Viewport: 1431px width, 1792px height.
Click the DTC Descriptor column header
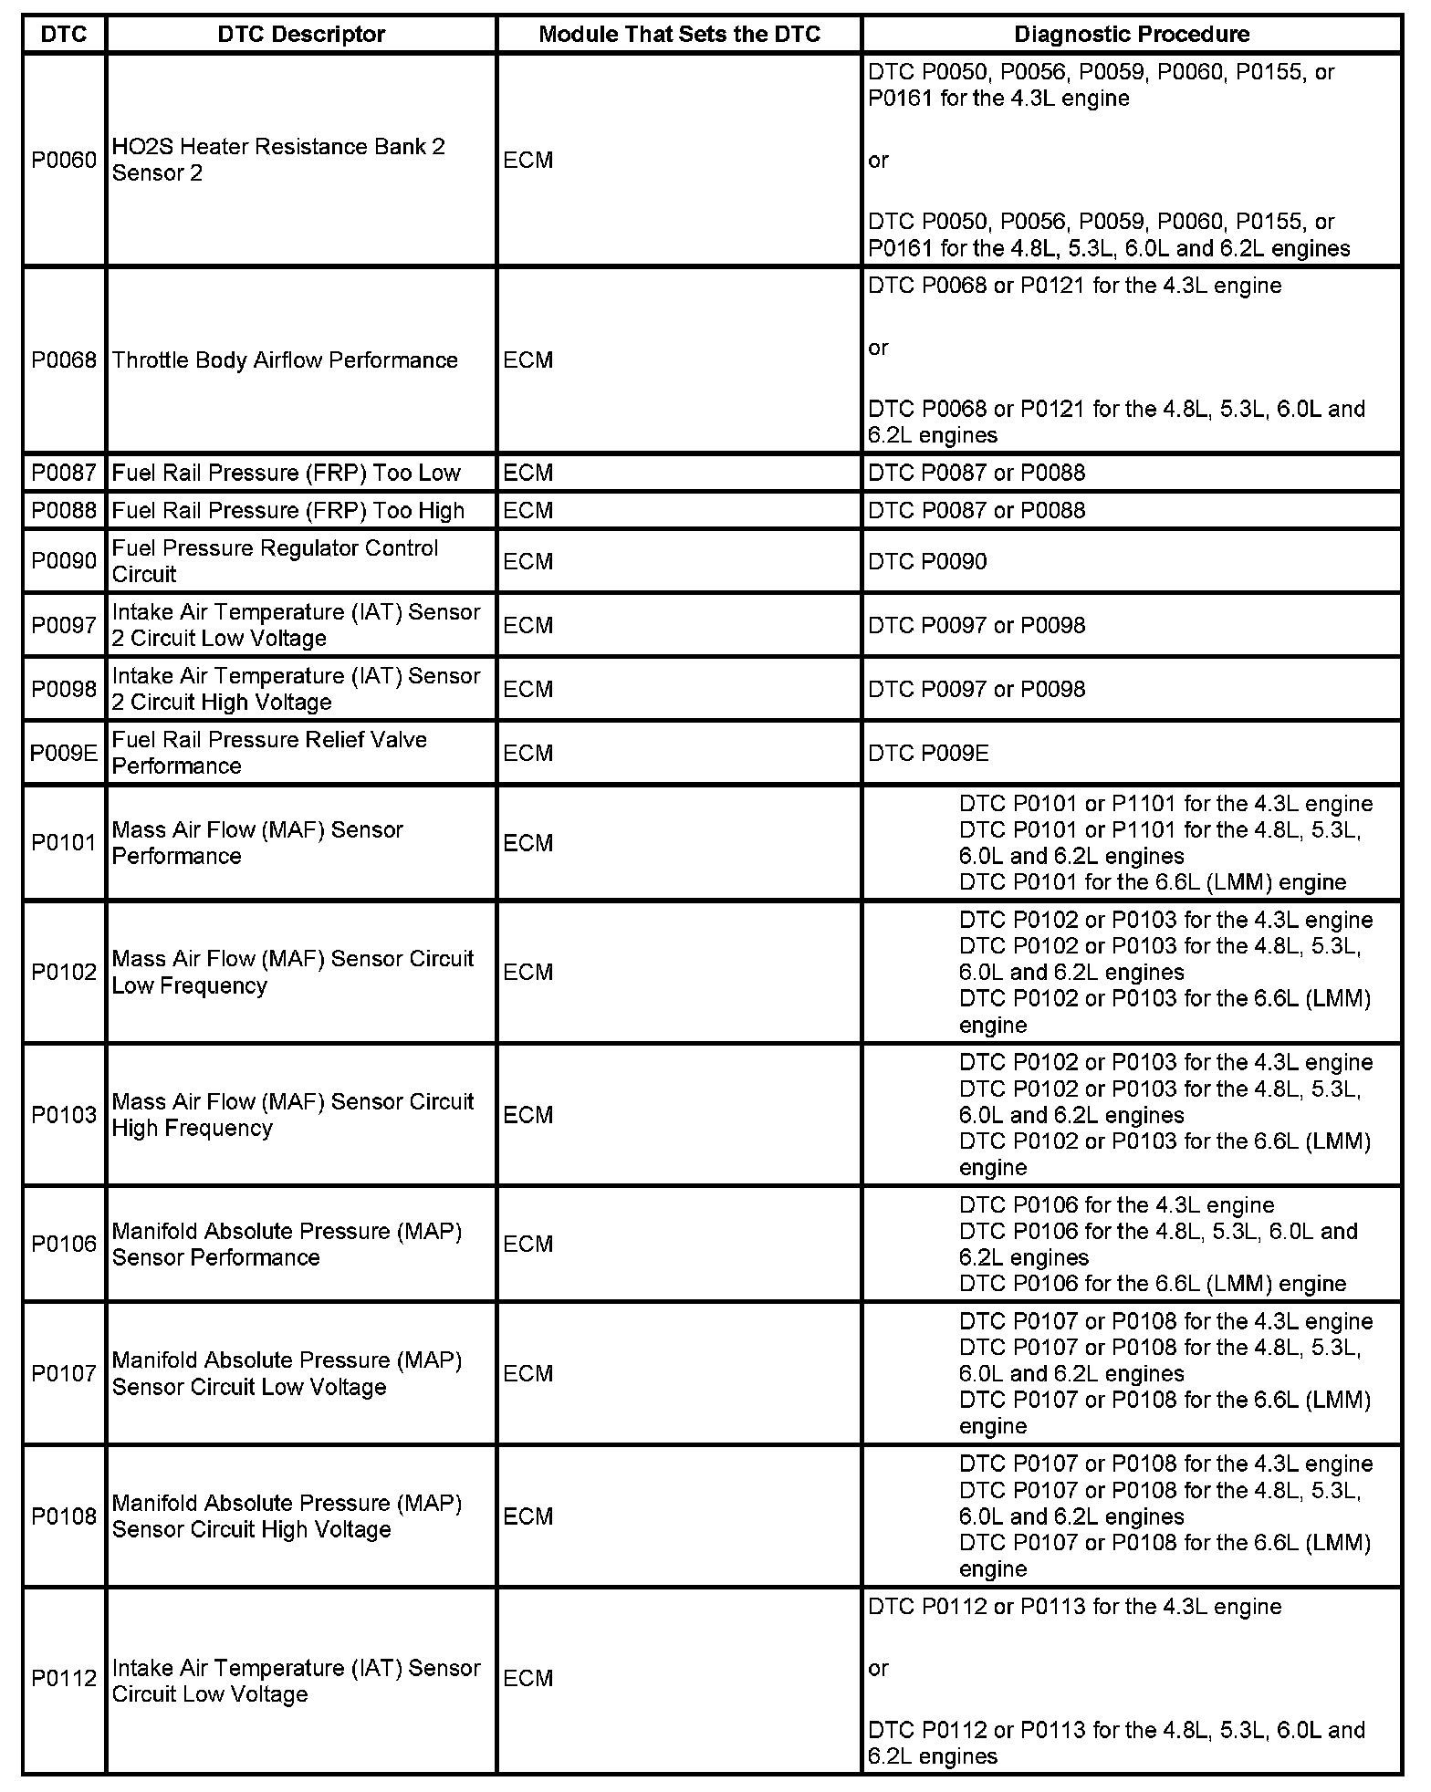301,35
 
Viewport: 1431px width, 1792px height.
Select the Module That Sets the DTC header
679,35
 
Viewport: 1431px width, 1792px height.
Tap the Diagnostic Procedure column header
1132,35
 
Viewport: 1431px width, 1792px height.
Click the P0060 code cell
64,161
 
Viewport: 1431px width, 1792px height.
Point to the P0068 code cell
64,360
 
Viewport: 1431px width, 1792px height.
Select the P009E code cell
64,753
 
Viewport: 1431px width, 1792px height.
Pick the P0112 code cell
64,1678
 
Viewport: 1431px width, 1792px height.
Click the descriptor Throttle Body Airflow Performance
285,360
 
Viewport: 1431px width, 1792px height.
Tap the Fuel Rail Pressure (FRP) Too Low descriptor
287,473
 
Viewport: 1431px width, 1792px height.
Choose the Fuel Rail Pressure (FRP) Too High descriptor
288,510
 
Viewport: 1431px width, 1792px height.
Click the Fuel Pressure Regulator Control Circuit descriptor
275,561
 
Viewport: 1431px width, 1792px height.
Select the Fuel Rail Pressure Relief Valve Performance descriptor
269,753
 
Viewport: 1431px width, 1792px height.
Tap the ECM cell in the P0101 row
528,843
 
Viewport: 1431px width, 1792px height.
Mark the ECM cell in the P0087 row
528,473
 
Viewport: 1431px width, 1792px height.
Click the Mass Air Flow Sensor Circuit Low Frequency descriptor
293,972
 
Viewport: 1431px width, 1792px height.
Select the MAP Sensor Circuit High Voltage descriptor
287,1516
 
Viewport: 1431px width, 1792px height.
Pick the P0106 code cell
64,1244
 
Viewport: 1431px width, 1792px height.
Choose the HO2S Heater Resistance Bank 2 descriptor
278,160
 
